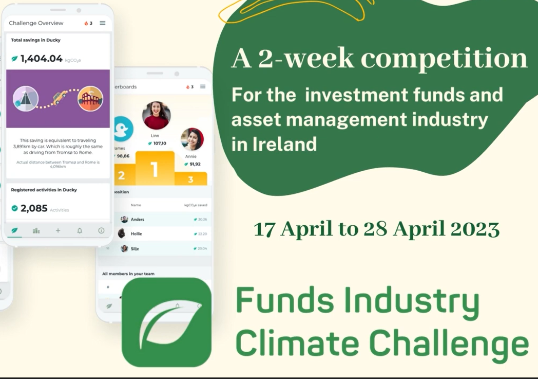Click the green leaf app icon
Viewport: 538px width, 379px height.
tap(166, 322)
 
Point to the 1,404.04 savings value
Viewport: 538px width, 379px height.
tap(42, 59)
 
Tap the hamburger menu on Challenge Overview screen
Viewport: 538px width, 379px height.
tap(103, 23)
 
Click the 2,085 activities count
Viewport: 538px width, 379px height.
tap(34, 208)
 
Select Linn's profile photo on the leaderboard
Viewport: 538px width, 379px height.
tap(156, 115)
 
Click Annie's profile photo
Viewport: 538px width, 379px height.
tap(193, 139)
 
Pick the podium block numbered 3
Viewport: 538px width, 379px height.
tap(190, 179)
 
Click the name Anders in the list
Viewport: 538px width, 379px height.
tap(137, 220)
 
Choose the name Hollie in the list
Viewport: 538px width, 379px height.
tap(136, 234)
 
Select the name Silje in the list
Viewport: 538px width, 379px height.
tap(135, 248)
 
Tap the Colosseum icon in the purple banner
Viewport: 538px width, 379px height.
tap(90, 99)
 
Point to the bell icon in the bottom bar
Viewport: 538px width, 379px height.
tap(80, 231)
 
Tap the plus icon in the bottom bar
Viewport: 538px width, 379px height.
tap(58, 231)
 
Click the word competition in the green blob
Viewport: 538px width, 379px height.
tap(445, 59)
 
